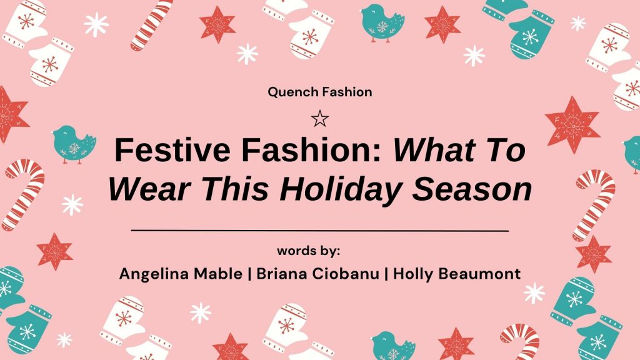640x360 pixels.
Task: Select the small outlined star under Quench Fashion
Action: pyautogui.click(x=319, y=118)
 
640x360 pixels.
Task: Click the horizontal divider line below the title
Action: pyautogui.click(x=319, y=231)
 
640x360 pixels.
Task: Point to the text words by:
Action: pyautogui.click(x=308, y=251)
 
